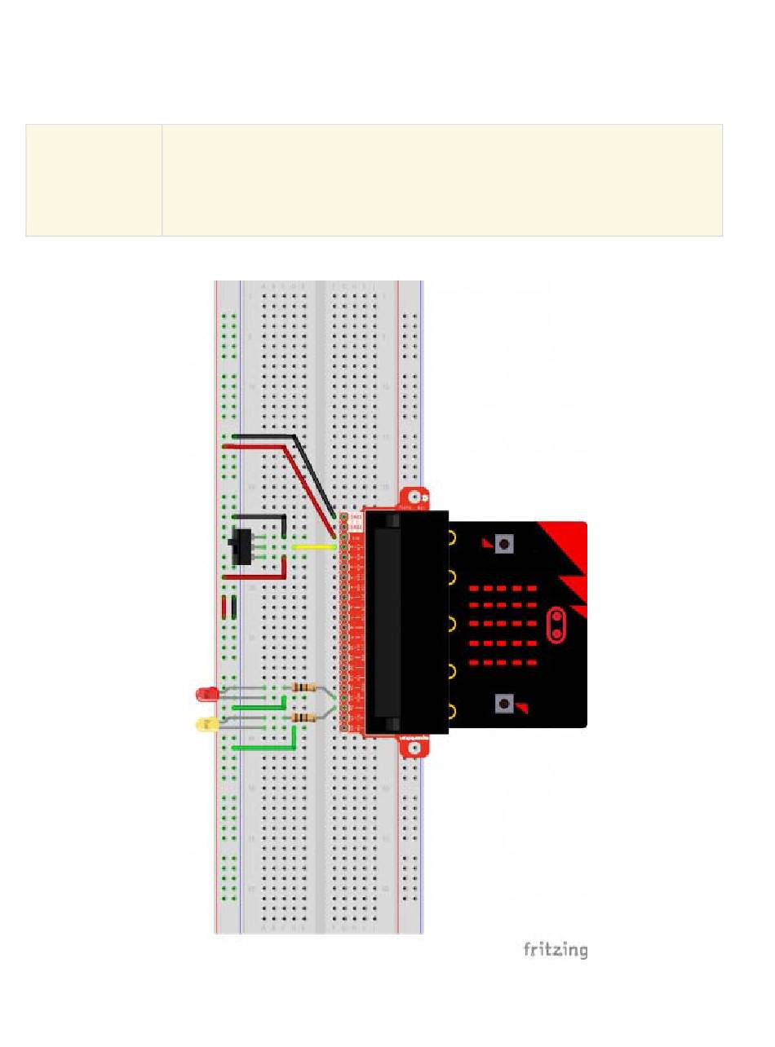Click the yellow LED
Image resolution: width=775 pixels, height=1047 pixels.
tap(206, 722)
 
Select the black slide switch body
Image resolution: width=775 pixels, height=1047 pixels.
tap(241, 546)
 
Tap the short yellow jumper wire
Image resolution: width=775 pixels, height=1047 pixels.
tap(314, 547)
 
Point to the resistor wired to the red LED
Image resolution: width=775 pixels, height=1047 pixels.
tap(303, 688)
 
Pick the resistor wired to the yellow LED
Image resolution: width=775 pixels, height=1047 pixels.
tap(303, 718)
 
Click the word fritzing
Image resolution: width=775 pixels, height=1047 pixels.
tap(555, 949)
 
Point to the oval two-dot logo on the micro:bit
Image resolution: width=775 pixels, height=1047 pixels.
tap(557, 625)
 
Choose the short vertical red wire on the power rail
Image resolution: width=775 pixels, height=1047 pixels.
tap(224, 608)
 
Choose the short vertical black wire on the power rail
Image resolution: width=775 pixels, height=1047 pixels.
tap(234, 608)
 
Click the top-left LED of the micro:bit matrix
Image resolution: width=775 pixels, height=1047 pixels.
tap(474, 588)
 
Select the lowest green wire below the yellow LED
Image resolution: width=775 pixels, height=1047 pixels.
tap(263, 746)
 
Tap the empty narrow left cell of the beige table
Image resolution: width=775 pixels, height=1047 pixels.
tap(94, 180)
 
